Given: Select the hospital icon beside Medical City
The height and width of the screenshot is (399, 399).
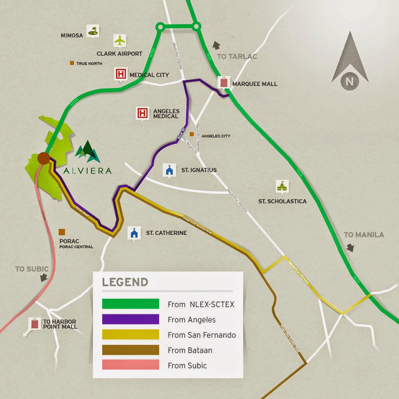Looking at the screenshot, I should pyautogui.click(x=120, y=74).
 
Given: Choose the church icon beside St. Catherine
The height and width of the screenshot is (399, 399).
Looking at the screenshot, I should pyautogui.click(x=134, y=233).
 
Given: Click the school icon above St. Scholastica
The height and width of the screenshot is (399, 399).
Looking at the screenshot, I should pyautogui.click(x=282, y=186).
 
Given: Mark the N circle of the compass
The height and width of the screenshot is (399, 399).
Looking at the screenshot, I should pyautogui.click(x=350, y=82).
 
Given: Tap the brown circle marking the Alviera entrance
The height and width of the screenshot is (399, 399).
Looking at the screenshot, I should pyautogui.click(x=43, y=158).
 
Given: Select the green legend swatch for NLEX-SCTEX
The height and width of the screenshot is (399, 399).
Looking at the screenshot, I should pyautogui.click(x=130, y=304).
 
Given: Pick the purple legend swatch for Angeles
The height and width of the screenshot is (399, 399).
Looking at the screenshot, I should pyautogui.click(x=130, y=319).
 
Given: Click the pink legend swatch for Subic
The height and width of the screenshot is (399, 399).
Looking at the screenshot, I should pyautogui.click(x=130, y=365).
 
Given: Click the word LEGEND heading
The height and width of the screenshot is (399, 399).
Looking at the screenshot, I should pyautogui.click(x=125, y=282).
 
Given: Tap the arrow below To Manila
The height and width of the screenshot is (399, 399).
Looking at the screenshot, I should pyautogui.click(x=350, y=248).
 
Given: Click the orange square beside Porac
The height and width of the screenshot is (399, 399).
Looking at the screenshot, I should pyautogui.click(x=62, y=232).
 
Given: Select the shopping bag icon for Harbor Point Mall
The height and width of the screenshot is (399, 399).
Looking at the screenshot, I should pyautogui.click(x=35, y=324).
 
